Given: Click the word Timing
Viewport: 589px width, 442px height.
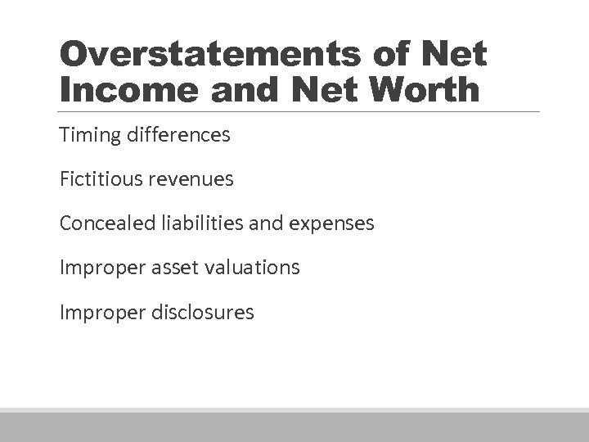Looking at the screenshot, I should coord(86,135).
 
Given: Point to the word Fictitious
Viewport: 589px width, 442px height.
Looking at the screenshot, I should coord(97,178).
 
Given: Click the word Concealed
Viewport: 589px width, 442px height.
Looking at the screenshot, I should coord(103,223).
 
